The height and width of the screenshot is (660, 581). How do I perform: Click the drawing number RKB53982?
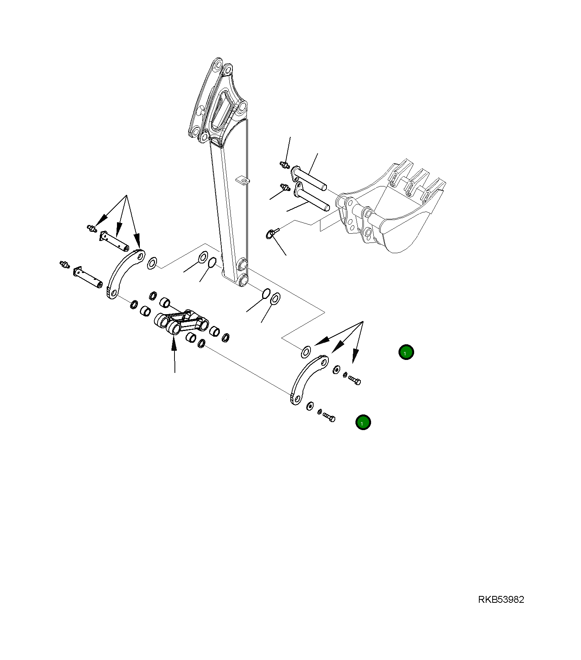[x=501, y=600]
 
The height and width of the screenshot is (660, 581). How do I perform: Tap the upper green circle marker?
[x=406, y=352]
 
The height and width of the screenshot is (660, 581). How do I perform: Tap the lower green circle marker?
[x=363, y=422]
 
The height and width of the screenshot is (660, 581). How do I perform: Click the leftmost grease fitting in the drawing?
[x=64, y=264]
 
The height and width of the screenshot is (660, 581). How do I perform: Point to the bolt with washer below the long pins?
[x=271, y=233]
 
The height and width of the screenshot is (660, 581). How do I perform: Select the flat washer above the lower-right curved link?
[x=306, y=352]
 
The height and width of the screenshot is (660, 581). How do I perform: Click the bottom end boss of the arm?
[x=243, y=281]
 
